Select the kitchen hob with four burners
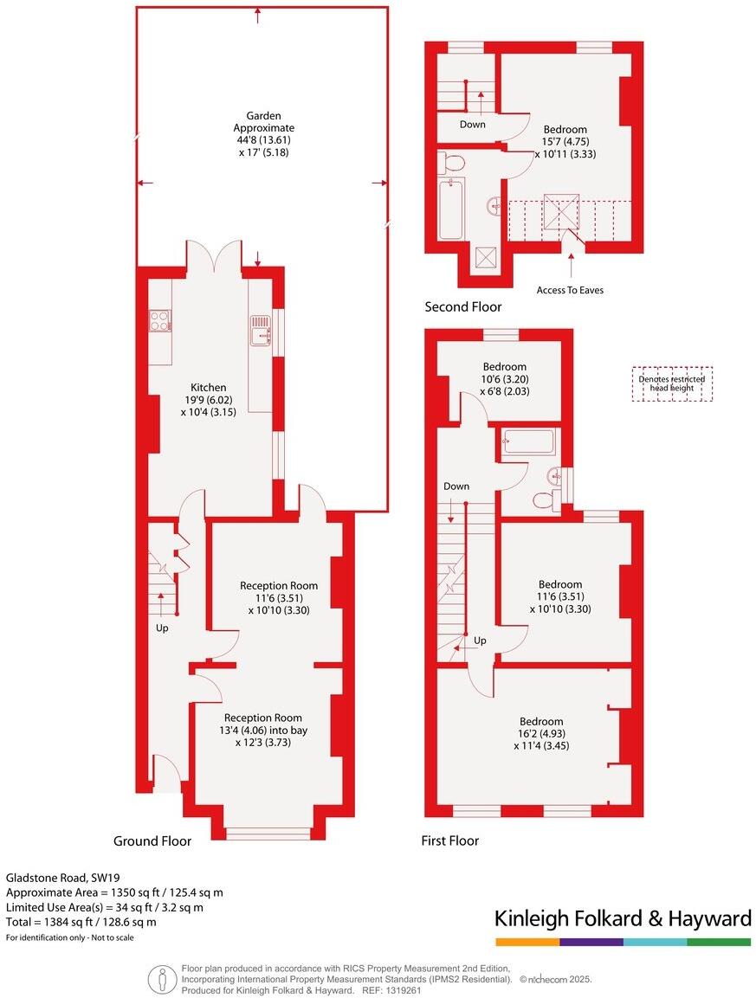[160, 321]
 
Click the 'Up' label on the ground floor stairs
[162, 628]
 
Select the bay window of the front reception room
[268, 834]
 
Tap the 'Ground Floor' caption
[152, 840]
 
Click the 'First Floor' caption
[449, 840]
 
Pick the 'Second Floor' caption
[462, 306]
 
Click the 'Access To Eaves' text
[570, 290]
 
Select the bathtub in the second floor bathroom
[450, 209]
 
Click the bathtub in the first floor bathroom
[528, 442]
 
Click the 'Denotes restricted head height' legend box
[672, 384]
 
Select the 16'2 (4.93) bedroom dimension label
[541, 733]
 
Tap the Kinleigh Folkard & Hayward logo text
[622, 918]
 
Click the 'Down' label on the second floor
[473, 124]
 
